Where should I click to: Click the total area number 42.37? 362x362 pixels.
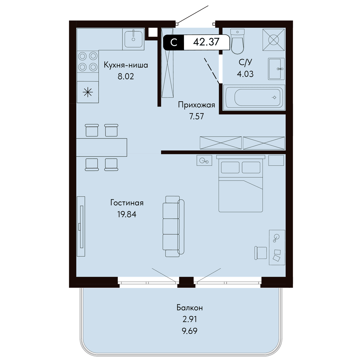[206, 42]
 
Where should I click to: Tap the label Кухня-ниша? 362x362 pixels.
[126, 65]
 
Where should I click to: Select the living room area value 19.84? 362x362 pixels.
[127, 214]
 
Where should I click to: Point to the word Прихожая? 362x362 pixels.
[196, 105]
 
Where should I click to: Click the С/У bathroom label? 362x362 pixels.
[245, 62]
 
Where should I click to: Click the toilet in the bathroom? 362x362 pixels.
[237, 41]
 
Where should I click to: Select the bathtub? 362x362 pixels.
[254, 97]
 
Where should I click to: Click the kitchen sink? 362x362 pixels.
[133, 39]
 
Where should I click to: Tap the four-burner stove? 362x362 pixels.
[88, 61]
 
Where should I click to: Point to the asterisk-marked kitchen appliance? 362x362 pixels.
[88, 92]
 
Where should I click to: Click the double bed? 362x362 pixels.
[241, 183]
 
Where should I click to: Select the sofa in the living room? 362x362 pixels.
[173, 226]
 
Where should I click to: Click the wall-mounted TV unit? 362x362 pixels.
[81, 226]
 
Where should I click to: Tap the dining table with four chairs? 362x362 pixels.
[101, 147]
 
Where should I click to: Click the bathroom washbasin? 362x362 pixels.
[276, 69]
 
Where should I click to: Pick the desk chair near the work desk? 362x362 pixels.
[261, 253]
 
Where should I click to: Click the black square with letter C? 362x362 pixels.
[173, 43]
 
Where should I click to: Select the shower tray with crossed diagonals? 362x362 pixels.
[274, 40]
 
